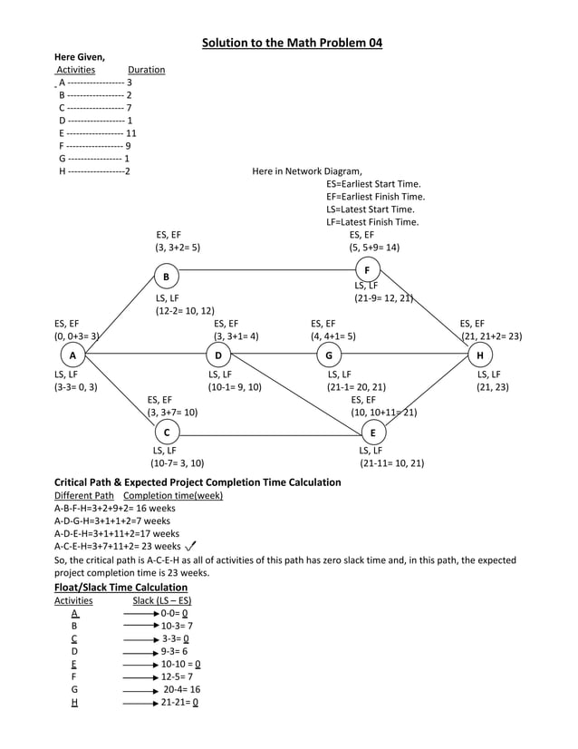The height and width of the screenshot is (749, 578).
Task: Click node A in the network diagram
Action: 72,355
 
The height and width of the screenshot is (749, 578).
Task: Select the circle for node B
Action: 167,277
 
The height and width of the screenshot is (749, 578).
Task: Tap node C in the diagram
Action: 166,433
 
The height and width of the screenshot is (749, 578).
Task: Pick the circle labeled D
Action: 218,355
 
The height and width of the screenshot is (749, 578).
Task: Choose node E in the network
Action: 373,433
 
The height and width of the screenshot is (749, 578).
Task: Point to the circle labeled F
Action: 367,270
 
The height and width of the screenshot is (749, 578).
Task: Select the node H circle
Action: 479,355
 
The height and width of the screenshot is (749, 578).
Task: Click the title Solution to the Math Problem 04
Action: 292,43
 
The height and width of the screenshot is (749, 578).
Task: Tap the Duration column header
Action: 146,70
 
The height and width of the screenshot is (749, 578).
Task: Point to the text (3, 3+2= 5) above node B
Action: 178,247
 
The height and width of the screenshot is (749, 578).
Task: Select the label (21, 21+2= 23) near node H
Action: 491,336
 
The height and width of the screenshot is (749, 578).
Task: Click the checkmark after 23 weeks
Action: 190,546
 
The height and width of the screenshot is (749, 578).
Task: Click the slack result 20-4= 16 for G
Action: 182,689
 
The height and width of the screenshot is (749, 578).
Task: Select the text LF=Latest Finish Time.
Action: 372,222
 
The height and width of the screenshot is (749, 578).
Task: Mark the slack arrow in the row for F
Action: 141,676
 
